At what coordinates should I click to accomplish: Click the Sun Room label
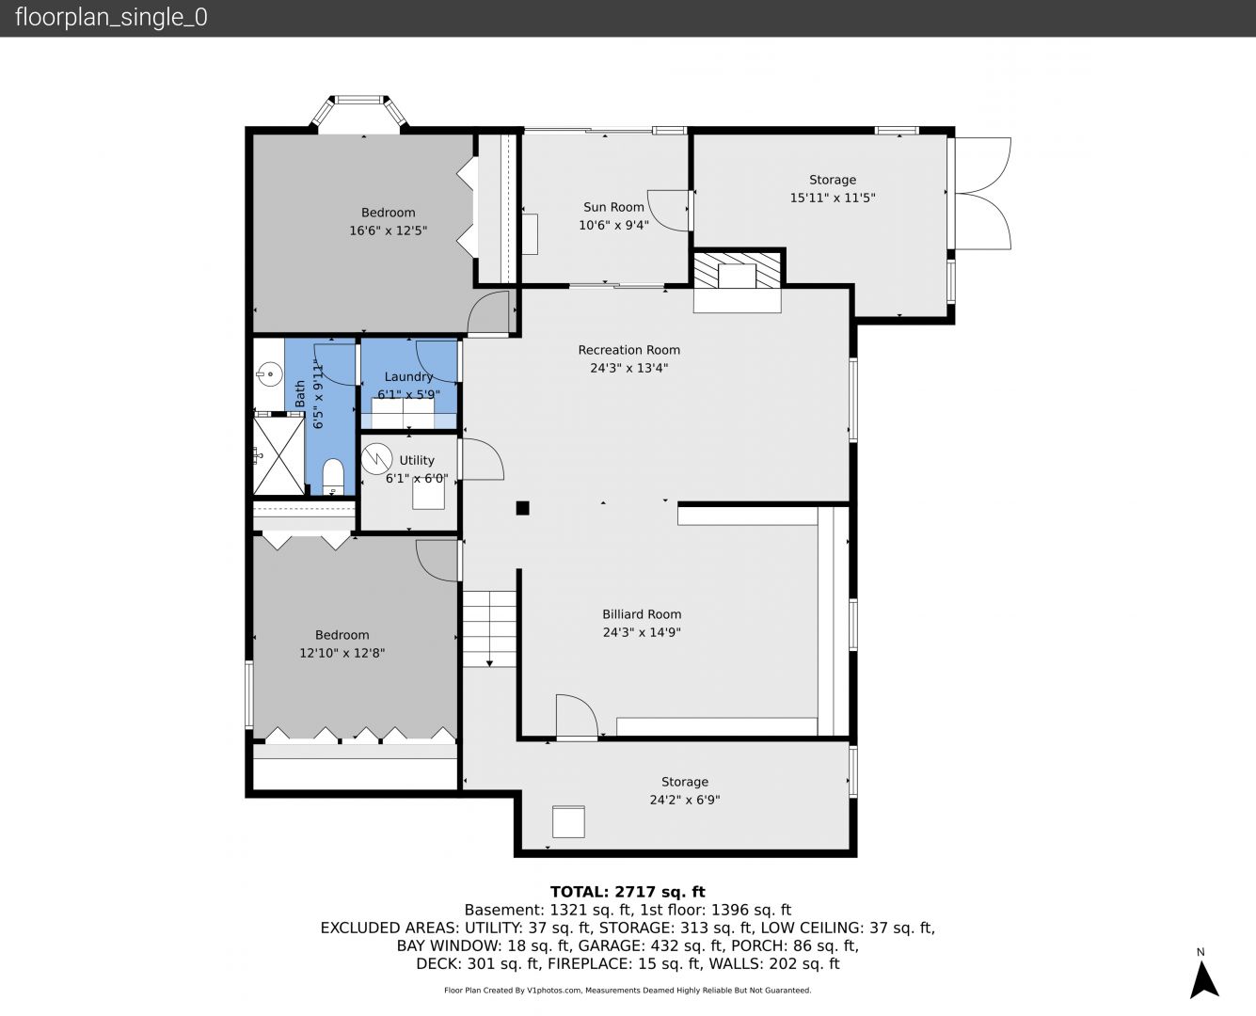point(613,207)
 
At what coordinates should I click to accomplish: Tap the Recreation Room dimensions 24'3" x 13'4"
point(628,368)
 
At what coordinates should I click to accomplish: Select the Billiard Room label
point(642,614)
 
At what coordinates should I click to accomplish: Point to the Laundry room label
point(408,377)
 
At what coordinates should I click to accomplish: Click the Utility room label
point(417,460)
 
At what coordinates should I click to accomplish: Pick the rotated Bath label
point(300,393)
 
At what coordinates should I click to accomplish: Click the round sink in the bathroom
point(269,373)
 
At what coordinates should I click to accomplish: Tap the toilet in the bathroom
point(333,476)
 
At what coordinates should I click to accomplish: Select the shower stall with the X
point(278,455)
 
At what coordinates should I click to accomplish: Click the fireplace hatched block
point(737,271)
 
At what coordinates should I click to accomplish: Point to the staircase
point(489,628)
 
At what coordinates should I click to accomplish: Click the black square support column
point(522,508)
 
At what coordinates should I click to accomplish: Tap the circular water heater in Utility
point(376,458)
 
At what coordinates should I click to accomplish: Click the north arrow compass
point(1203,979)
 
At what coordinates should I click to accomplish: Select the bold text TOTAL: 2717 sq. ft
point(628,892)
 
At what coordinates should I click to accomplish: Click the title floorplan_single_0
point(111,18)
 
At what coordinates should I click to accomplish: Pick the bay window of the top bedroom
point(359,111)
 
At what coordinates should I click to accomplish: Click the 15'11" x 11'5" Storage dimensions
point(832,198)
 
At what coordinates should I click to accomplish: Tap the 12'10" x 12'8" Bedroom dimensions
point(342,653)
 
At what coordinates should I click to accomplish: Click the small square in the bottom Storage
point(568,821)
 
